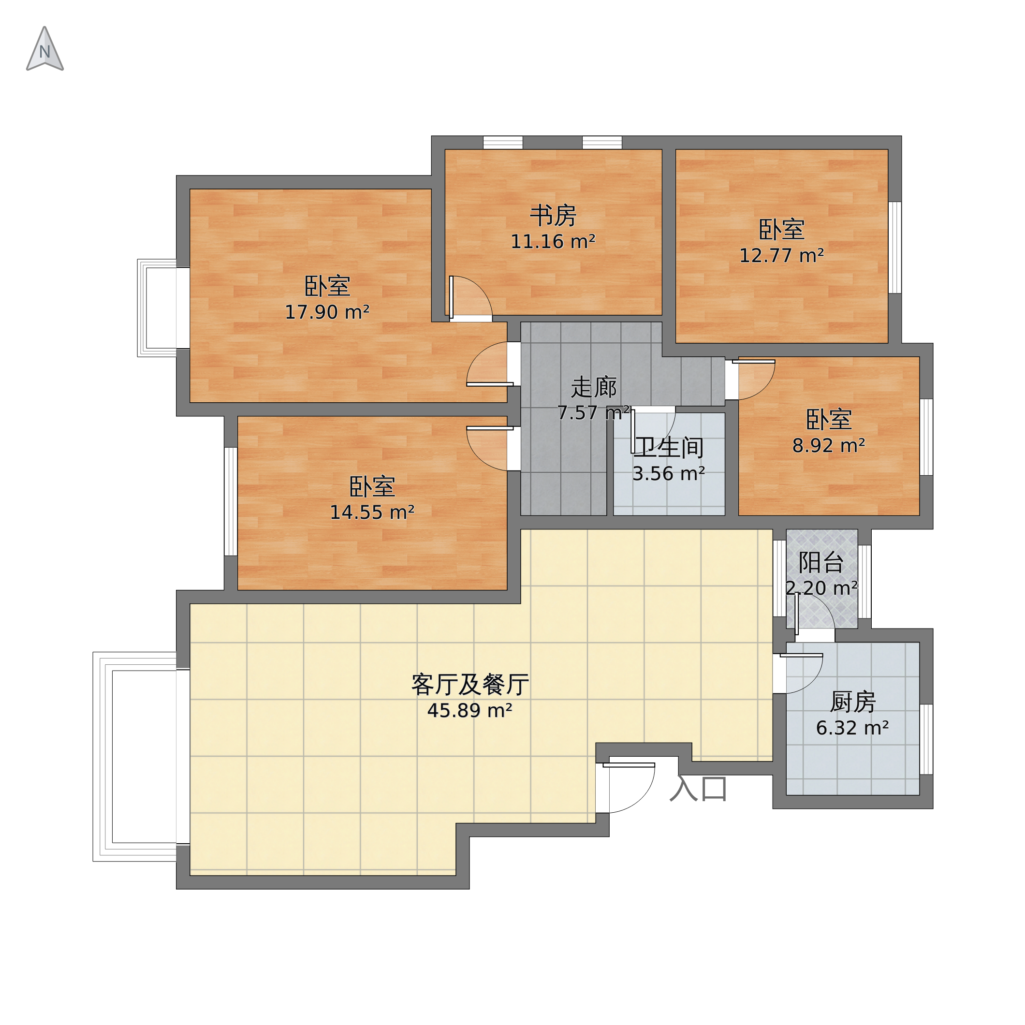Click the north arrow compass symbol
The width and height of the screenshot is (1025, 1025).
45,49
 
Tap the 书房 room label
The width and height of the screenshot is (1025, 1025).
553,216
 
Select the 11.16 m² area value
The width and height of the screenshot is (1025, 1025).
553,242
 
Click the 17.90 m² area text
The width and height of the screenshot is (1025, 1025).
327,312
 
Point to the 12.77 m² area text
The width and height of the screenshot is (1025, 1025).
781,256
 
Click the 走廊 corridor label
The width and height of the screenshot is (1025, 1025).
594,388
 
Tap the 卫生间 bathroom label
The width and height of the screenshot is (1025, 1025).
669,448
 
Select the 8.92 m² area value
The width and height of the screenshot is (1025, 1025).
829,446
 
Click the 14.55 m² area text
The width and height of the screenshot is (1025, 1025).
372,512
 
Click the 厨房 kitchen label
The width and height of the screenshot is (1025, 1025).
852,703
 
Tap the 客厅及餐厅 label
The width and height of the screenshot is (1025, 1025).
470,685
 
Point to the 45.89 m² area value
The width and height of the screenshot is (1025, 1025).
470,710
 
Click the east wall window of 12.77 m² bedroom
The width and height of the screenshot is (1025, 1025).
895,247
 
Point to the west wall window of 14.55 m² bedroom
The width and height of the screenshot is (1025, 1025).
231,501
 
